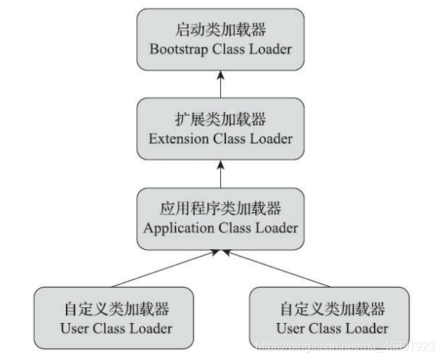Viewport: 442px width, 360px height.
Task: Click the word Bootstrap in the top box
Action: coord(179,50)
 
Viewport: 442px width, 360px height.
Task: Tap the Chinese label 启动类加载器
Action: coord(220,30)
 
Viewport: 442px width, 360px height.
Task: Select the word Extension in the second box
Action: coord(179,138)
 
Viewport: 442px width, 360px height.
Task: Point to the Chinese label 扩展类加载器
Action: coord(220,119)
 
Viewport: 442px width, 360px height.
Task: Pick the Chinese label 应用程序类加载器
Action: coord(220,209)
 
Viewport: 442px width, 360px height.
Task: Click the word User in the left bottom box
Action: coord(74,328)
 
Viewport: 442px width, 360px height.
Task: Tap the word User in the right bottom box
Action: coord(291,328)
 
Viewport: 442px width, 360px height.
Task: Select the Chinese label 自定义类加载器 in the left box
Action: coord(117,309)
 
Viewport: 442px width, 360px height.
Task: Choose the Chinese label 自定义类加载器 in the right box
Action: coord(333,309)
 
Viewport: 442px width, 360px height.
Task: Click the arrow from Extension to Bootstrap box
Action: coord(220,84)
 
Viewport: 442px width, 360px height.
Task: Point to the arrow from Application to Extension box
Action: coord(220,174)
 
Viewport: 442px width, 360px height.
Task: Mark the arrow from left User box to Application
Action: coord(165,269)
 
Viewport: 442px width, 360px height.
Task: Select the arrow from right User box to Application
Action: coord(276,269)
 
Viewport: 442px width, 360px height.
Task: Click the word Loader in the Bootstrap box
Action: coord(270,49)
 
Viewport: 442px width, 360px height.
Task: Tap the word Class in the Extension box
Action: coord(229,138)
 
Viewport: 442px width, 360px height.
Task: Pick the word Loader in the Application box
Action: coord(277,228)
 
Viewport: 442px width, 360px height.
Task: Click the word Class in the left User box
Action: coord(109,328)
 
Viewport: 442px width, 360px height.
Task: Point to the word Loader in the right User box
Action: coord(367,328)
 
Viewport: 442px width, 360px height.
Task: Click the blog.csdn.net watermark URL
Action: coord(345,346)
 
